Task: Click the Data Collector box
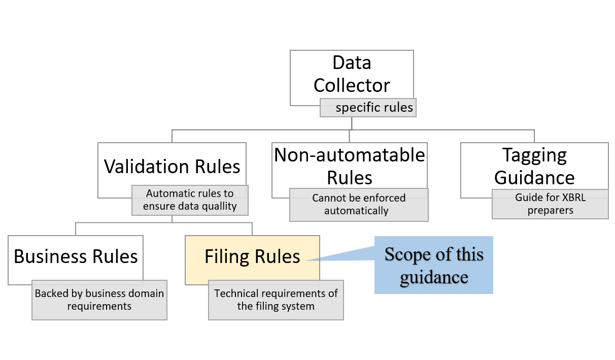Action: click(351, 74)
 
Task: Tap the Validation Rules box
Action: click(172, 167)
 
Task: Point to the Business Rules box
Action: click(76, 256)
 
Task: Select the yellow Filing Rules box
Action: click(252, 256)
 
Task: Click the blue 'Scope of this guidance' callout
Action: click(434, 265)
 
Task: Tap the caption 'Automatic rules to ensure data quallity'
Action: click(190, 200)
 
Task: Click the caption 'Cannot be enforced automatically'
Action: click(359, 204)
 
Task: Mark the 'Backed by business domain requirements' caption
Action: click(99, 300)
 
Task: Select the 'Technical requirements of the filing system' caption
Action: click(276, 300)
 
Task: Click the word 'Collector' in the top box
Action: click(352, 85)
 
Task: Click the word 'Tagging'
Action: click(534, 155)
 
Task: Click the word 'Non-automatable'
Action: click(350, 155)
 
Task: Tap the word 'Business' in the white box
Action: click(47, 256)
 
